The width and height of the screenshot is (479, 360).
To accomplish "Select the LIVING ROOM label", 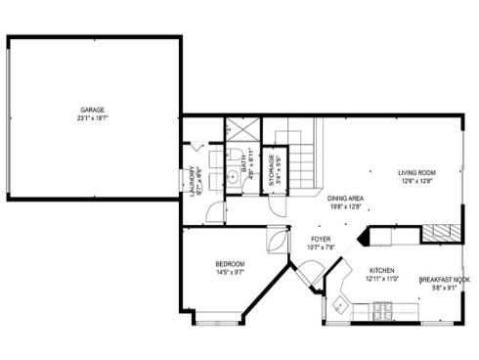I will coord(416,172).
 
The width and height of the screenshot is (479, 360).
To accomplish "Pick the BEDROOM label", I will coord(230,264).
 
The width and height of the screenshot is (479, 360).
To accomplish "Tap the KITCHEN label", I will coord(381,270).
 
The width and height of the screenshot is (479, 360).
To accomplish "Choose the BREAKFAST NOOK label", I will coord(445,280).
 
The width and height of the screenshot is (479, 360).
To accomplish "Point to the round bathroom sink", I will coord(234,178).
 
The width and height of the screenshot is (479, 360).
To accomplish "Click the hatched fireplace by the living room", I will coord(438,233).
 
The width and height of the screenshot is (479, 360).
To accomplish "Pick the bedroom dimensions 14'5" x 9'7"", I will coord(230,273).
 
